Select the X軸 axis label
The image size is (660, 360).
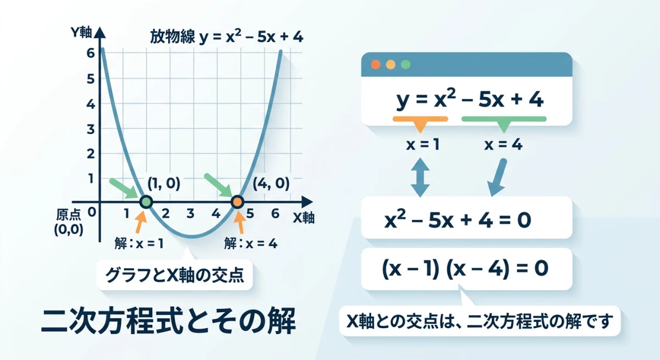[x=303, y=217]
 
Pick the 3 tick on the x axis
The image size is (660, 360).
[x=190, y=214]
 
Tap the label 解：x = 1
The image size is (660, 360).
[x=140, y=242]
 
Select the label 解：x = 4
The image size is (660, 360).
[x=251, y=242]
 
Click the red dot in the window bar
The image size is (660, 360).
[x=376, y=64]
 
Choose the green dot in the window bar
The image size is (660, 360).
[x=406, y=64]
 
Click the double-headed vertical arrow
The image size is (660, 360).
[x=420, y=177]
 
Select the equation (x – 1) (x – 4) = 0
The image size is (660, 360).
[x=465, y=269]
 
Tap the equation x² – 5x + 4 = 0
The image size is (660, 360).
[x=458, y=219]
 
